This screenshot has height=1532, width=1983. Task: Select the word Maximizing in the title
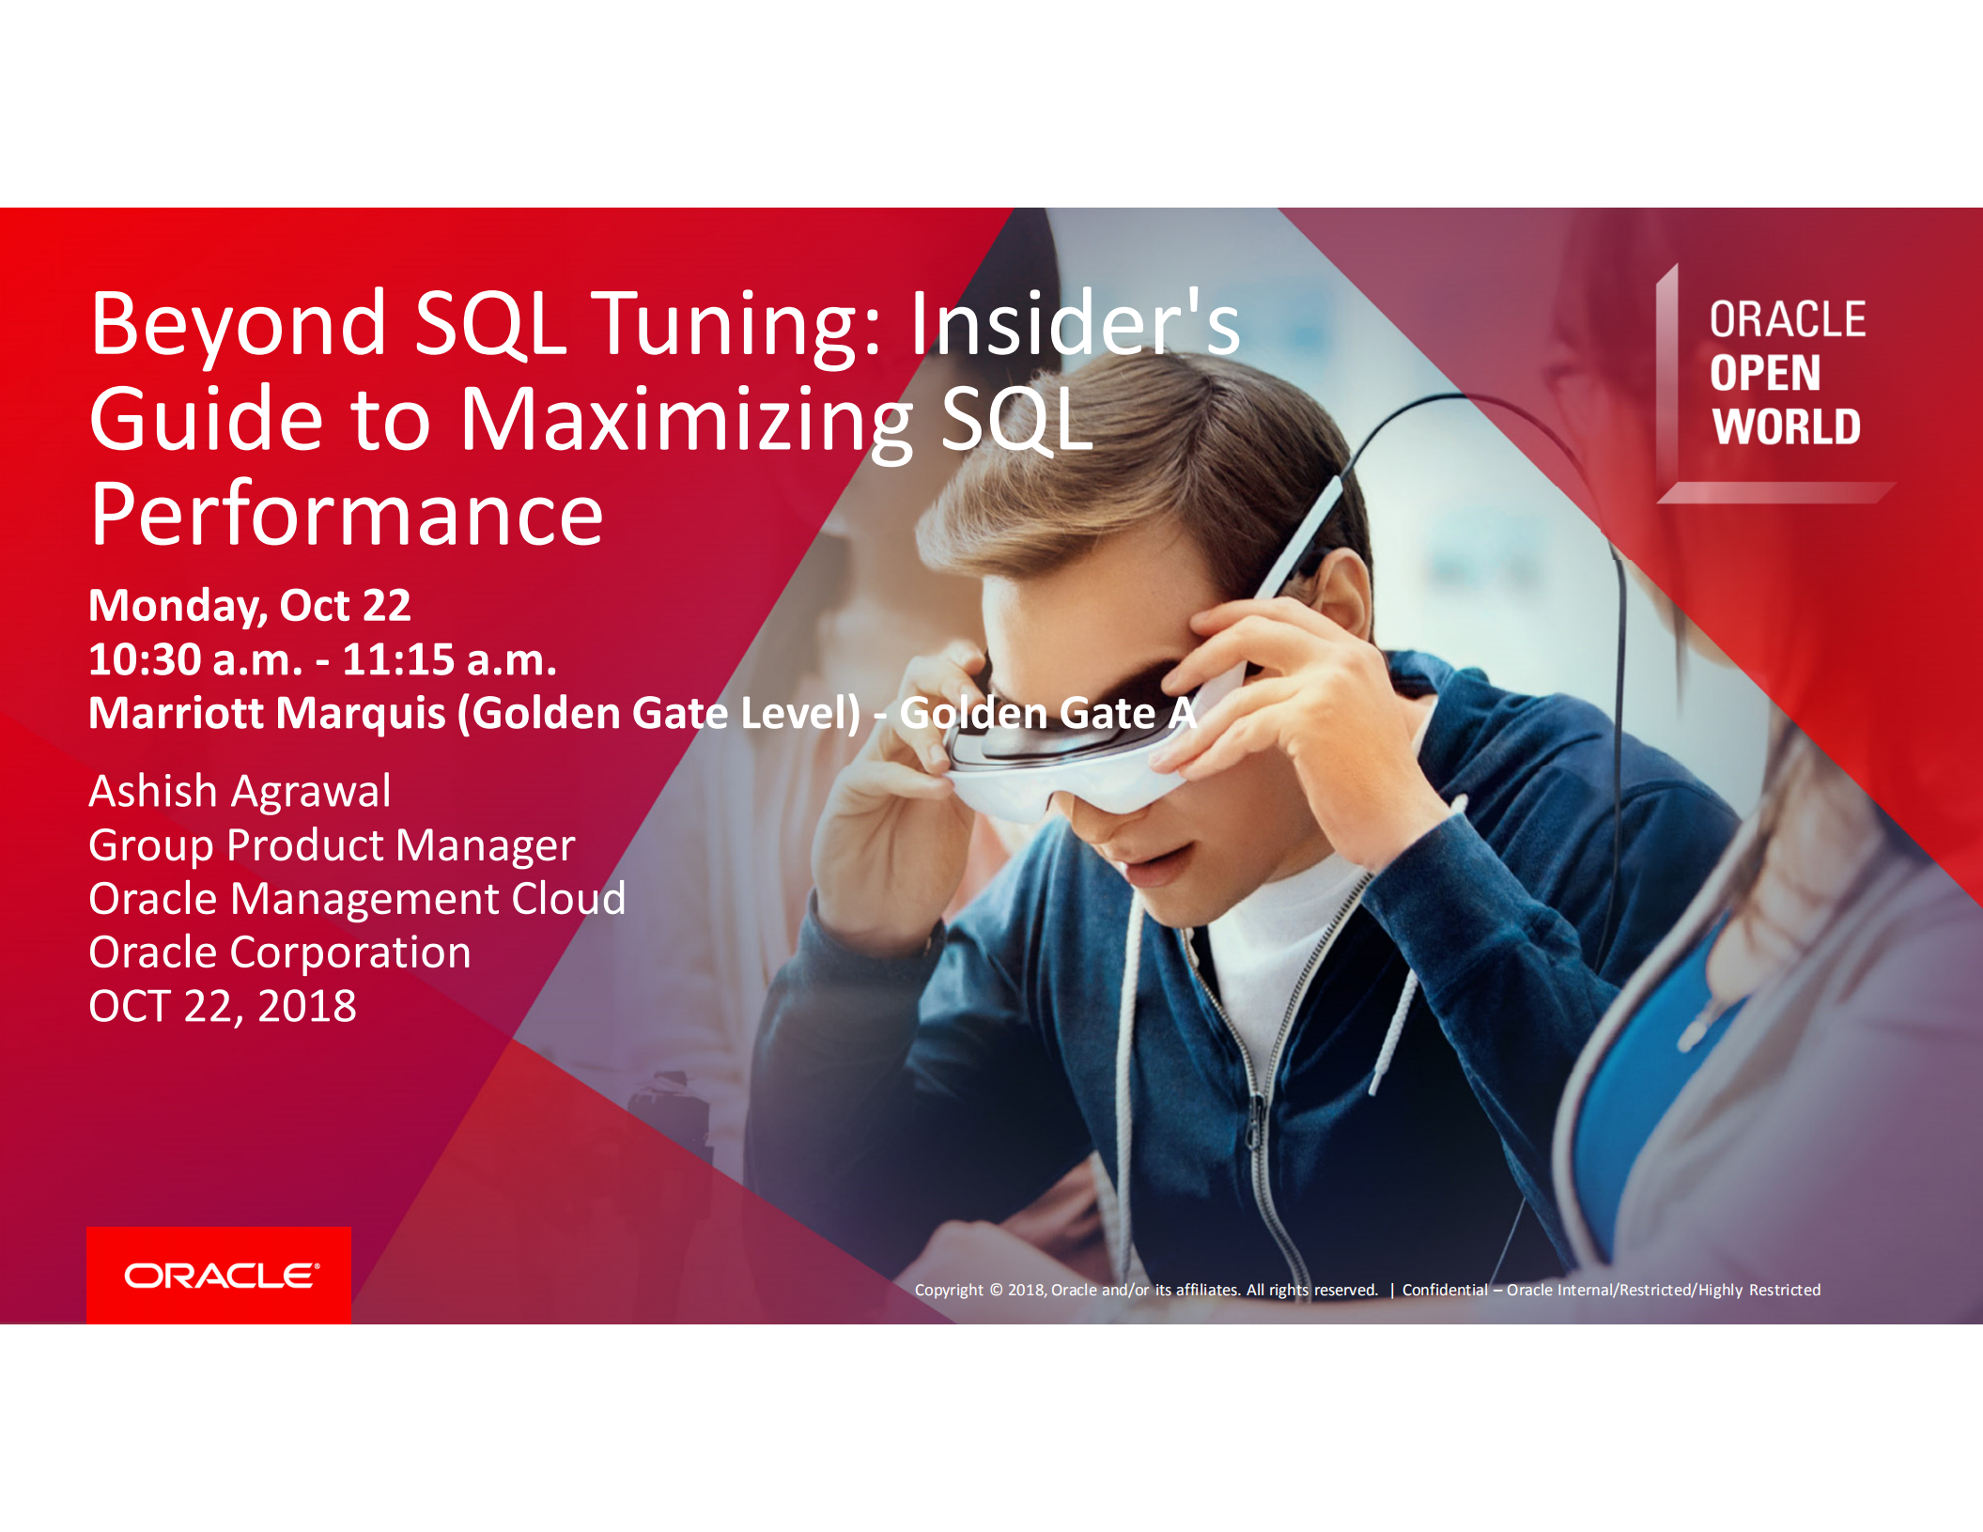click(x=686, y=421)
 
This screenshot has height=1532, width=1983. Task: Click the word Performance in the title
click(x=347, y=514)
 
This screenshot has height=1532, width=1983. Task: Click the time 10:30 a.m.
click(x=195, y=659)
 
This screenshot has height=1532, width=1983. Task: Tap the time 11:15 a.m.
click(x=449, y=659)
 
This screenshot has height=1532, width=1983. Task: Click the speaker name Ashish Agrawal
click(x=240, y=791)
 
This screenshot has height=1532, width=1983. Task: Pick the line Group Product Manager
click(x=331, y=845)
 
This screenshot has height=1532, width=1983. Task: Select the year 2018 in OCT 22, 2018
click(x=307, y=1007)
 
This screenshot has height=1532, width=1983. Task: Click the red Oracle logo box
click(x=219, y=1275)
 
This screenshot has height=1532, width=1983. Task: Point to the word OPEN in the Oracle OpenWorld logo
click(x=1764, y=373)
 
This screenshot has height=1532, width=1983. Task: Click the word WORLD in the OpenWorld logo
click(x=1786, y=426)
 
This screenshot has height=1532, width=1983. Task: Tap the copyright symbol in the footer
click(x=996, y=1290)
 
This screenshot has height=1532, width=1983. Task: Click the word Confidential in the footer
click(x=1445, y=1290)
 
